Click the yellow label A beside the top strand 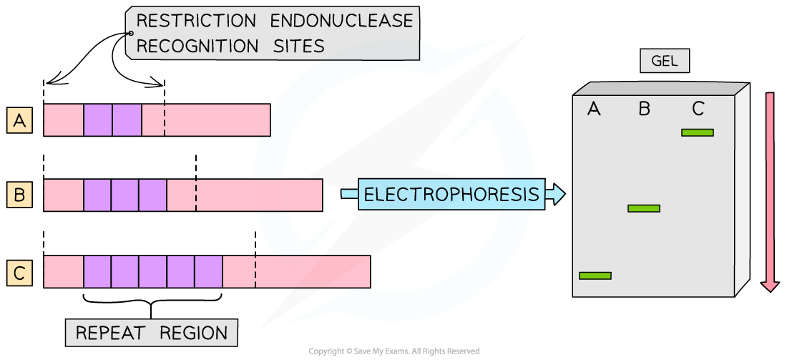point(19,121)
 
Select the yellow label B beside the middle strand point(19,195)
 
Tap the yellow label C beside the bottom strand point(19,273)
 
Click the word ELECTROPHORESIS point(451,195)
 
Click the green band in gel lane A point(595,276)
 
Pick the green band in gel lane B point(644,208)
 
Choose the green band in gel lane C point(698,132)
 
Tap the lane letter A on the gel point(594,110)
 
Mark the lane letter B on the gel point(644,110)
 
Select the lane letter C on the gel point(698,110)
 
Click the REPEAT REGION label point(152,333)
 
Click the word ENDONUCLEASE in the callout point(342,21)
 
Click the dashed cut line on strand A point(164,120)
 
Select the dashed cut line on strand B point(196,195)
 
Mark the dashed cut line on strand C point(255,272)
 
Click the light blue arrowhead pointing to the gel point(556,194)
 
